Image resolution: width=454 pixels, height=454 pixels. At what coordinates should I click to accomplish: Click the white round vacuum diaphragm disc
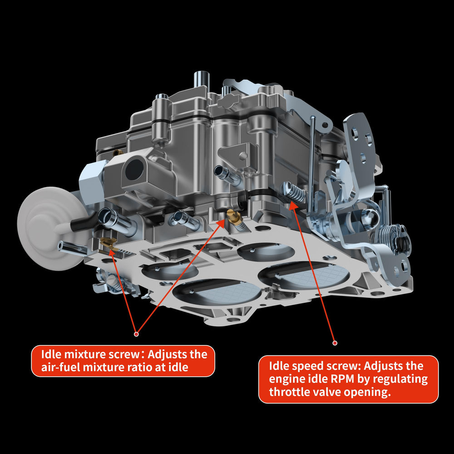(48, 229)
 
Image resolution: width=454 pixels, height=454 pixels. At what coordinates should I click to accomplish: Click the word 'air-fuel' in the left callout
(60, 367)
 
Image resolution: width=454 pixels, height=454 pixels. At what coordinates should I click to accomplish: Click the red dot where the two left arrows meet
(136, 334)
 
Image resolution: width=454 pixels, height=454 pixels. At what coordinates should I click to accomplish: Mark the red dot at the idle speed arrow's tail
(335, 343)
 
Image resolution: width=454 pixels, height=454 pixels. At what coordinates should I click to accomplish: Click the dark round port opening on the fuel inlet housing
(134, 170)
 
